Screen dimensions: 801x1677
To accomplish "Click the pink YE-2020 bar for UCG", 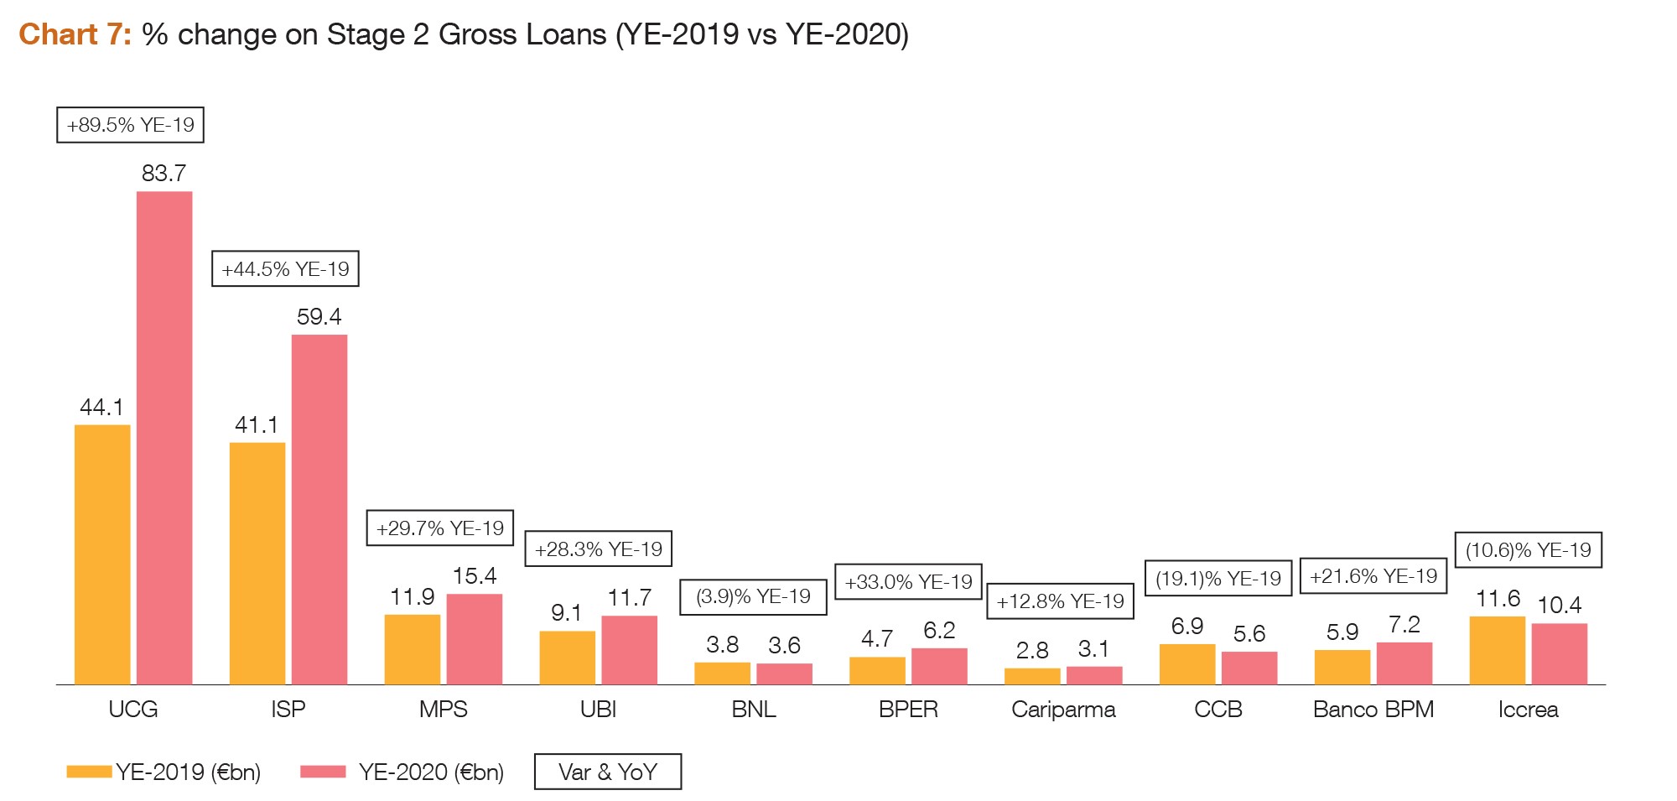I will click(164, 438).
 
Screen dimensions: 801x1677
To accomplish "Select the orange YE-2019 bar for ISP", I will click(257, 563).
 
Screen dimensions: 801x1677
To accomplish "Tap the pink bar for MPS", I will click(475, 639).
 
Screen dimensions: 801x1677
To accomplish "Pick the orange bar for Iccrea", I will click(1498, 650).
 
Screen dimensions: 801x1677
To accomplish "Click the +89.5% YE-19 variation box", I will click(130, 125).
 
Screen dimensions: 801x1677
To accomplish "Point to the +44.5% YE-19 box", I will click(285, 269).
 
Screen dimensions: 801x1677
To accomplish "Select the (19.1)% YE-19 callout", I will click(1218, 579).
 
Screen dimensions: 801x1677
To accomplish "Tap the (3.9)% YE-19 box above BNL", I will click(753, 597).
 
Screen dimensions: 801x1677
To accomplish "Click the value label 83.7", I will click(164, 174).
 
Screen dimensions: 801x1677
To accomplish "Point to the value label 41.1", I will click(257, 425).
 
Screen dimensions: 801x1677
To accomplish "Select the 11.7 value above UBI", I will click(629, 598).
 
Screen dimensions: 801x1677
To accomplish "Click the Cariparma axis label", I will click(1063, 710).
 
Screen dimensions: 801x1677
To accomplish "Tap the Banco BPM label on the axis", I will click(1373, 710).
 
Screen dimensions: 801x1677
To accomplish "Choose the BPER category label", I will click(908, 710).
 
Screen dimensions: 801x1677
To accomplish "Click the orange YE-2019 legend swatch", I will click(89, 772).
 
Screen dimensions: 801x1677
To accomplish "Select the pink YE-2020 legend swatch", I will click(323, 772).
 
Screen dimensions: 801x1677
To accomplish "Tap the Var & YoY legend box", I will click(608, 772).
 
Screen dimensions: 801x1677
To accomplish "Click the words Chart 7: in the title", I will click(75, 34).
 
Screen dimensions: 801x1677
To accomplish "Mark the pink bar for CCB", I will click(1249, 668).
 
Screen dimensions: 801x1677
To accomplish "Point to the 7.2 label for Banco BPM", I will click(1404, 625).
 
